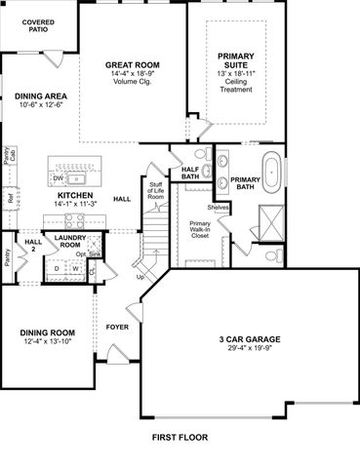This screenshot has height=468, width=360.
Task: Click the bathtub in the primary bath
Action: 276,173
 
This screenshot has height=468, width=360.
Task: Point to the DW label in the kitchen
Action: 60,179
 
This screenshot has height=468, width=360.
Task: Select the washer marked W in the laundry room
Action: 76,269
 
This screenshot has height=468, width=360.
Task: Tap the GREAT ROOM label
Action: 133,65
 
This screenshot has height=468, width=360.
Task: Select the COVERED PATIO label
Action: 38,24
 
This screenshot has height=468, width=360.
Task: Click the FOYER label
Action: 118,328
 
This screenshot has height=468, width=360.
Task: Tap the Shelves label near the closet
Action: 218,208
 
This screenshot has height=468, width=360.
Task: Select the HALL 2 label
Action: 32,246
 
